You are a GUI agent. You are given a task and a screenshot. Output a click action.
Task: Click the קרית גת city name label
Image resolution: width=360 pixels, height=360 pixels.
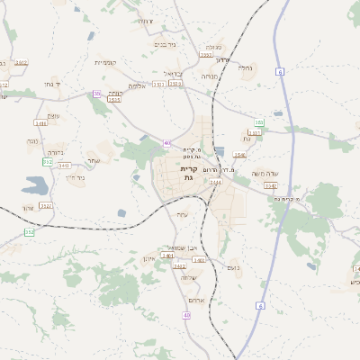pos(189,173)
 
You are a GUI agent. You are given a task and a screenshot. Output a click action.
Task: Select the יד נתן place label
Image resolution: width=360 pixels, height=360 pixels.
pos(50,84)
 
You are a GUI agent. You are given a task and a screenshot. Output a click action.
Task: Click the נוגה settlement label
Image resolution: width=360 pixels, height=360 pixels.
pos(32,141)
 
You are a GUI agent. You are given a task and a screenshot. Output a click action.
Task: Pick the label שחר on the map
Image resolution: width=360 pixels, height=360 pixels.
pos(93,160)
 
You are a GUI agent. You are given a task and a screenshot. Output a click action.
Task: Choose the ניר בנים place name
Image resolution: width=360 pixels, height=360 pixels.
pos(165,43)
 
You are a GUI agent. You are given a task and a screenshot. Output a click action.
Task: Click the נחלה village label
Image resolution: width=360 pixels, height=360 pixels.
pos(245,67)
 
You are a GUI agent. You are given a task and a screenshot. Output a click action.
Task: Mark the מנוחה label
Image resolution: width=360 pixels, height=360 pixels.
pos(211,78)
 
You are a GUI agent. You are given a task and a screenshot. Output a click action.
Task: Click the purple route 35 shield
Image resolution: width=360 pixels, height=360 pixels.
pos(96,93)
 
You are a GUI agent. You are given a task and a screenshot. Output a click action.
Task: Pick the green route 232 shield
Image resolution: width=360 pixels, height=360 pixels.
pos(46,162)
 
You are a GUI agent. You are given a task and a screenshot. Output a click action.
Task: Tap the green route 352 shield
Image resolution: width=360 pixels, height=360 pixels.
pos(29,232)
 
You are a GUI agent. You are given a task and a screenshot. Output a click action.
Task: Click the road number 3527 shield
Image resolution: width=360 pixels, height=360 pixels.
pos(45,206)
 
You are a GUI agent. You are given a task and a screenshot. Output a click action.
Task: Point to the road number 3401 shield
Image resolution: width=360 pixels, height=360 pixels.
pos(167,256)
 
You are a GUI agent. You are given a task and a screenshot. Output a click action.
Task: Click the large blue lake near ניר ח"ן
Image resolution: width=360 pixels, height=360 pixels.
pos(36,186)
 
